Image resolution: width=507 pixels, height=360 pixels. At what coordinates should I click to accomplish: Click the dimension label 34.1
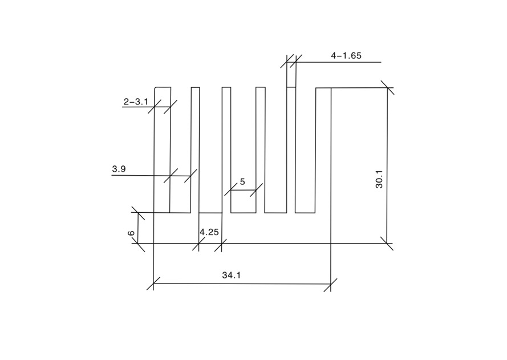[231, 275]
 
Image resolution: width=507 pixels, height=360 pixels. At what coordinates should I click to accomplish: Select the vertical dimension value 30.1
[379, 179]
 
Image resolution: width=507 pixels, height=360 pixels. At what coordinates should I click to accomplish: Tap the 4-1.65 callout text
[346, 56]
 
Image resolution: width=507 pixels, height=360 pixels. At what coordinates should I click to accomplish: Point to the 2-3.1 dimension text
[136, 102]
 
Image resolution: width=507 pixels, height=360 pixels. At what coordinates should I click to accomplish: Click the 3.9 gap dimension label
[119, 169]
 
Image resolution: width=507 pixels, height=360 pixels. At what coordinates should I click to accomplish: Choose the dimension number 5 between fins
[242, 182]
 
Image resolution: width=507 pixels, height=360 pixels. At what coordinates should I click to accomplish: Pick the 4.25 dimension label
[209, 232]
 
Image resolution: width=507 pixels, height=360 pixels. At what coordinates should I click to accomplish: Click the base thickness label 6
[131, 233]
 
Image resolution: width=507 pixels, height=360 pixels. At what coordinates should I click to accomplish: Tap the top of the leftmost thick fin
[163, 87]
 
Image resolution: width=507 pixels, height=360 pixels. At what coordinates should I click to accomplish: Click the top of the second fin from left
[195, 87]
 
